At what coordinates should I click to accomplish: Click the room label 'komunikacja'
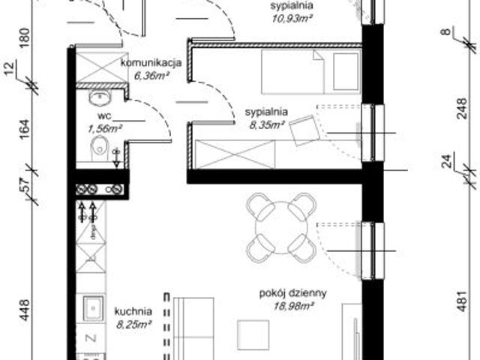(x=152, y=63)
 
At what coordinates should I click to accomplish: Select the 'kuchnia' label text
(x=134, y=311)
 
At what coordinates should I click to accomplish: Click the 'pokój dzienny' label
(x=289, y=294)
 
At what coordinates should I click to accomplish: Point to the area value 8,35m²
(x=264, y=125)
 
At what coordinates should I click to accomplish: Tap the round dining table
(x=280, y=227)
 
